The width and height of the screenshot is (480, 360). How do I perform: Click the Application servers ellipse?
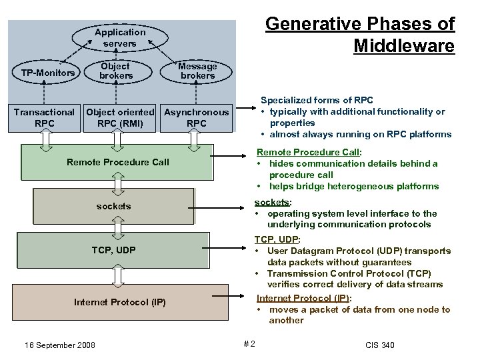point(120,37)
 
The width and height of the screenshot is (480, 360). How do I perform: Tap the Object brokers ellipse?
point(116,71)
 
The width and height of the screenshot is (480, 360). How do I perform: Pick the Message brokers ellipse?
point(197,71)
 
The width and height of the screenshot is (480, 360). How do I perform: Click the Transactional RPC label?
point(44,118)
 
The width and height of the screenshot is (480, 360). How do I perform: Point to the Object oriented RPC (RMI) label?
point(120,118)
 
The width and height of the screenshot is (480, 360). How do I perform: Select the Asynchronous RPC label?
point(197,118)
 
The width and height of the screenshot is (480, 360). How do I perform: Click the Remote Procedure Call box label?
point(118,162)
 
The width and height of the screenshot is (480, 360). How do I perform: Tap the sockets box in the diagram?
point(113,207)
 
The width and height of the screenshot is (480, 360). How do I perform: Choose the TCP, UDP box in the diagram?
point(114,250)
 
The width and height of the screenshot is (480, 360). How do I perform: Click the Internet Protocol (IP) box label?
point(120,302)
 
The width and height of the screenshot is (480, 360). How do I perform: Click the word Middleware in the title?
point(403,46)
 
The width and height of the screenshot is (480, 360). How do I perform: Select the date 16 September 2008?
point(59,345)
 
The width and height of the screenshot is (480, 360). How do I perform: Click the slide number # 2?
point(249,344)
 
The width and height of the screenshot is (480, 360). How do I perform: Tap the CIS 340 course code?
point(380,345)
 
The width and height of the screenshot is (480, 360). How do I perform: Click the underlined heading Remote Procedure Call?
point(309,153)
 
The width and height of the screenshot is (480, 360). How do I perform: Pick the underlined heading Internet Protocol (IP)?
point(304,298)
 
